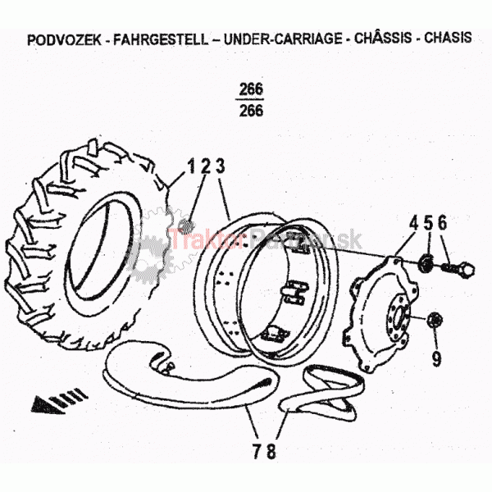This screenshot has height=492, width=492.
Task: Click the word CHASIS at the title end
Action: tap(448, 39)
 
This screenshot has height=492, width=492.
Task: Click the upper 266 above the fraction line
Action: tap(252, 89)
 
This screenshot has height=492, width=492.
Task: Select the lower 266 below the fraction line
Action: tap(252, 110)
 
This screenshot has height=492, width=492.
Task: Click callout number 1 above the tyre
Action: tap(190, 166)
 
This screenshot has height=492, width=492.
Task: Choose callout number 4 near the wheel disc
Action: tap(413, 222)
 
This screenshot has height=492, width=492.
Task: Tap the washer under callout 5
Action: tap(427, 263)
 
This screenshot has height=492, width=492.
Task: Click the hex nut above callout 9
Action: tap(435, 318)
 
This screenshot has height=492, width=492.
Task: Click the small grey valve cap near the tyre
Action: tap(185, 225)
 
